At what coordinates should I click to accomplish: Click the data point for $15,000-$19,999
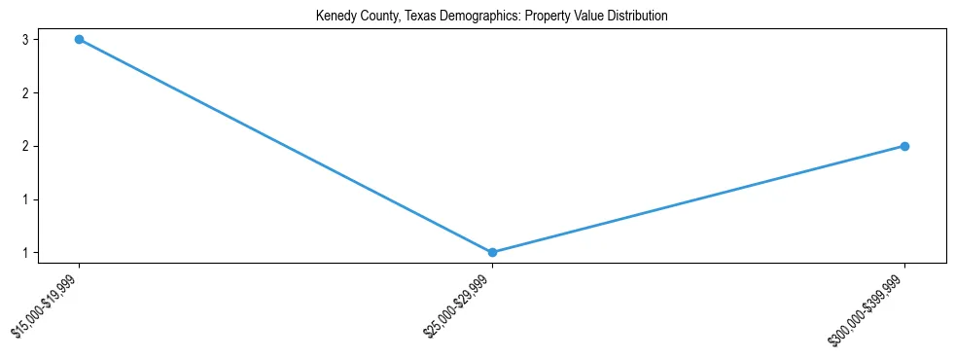(79, 40)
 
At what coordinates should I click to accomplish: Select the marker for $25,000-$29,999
(492, 253)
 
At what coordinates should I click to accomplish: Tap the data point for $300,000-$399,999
(904, 146)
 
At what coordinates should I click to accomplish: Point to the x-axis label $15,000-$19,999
(48, 306)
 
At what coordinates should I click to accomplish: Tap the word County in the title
(372, 17)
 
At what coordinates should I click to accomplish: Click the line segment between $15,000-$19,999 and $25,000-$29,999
(285, 146)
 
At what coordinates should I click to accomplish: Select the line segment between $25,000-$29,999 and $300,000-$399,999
(698, 199)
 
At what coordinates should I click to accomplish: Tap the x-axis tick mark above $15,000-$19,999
(79, 267)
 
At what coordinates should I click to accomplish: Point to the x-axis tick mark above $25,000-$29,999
(492, 267)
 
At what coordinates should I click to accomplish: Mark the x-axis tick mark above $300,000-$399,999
(904, 267)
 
